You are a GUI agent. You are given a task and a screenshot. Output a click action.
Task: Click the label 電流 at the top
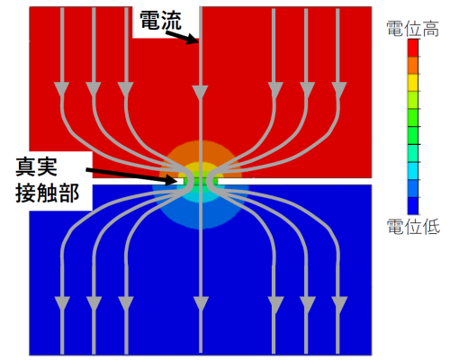click(x=160, y=21)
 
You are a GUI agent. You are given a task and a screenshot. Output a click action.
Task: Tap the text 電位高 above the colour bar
click(x=413, y=29)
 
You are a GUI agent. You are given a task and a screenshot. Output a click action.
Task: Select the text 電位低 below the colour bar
click(x=413, y=227)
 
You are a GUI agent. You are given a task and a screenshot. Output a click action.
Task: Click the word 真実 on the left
click(x=36, y=166)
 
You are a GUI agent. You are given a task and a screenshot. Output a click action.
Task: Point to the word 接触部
click(x=48, y=193)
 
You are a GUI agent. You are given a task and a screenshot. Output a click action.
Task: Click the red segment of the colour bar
click(x=413, y=48)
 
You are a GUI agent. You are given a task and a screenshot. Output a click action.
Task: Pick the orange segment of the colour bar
click(x=413, y=65)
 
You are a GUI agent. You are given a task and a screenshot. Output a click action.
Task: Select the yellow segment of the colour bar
click(x=413, y=83)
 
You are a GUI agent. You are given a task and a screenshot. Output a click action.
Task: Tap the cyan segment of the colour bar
click(x=413, y=171)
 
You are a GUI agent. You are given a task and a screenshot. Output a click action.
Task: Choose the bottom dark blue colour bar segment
click(x=413, y=206)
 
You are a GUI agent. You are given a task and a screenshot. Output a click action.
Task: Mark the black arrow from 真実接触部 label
click(x=132, y=175)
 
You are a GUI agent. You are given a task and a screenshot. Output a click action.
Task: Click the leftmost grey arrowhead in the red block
click(x=62, y=89)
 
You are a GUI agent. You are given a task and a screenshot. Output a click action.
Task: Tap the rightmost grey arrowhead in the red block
click(x=339, y=89)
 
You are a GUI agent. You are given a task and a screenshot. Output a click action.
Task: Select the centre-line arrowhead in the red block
click(x=200, y=93)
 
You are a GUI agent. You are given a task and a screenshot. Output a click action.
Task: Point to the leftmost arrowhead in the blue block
click(x=62, y=303)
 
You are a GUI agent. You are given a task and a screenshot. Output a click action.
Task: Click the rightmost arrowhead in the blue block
click(x=339, y=303)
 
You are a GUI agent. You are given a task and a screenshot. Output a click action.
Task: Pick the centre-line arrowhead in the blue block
click(x=201, y=303)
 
